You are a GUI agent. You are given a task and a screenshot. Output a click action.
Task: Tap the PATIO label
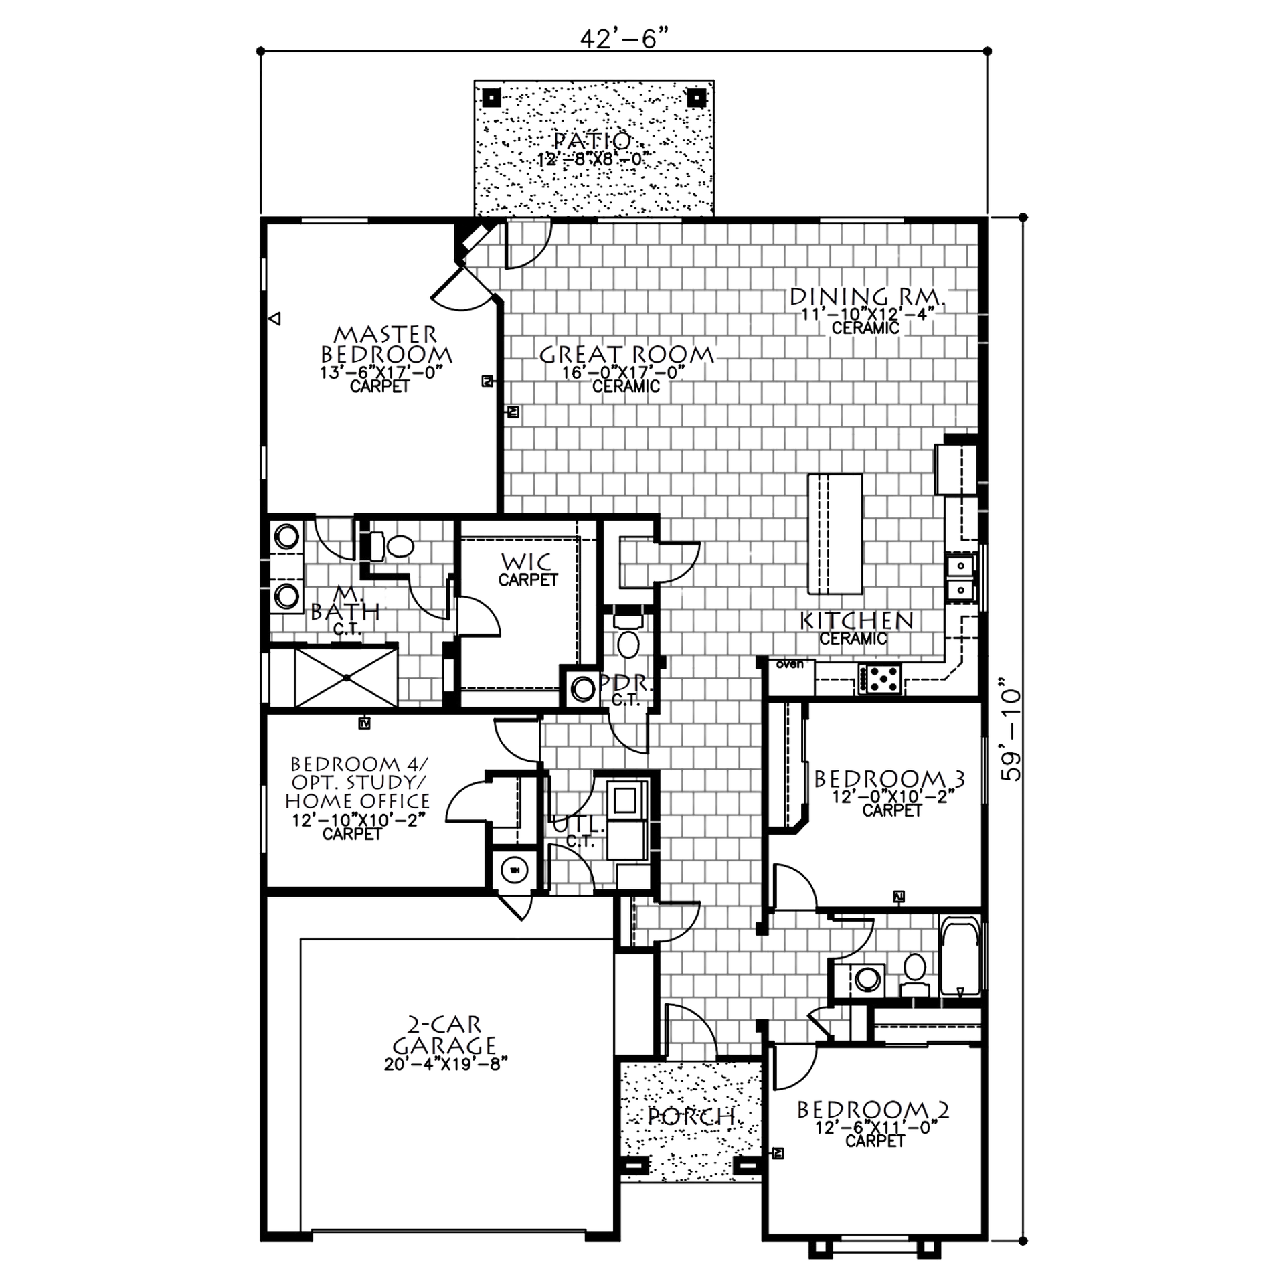coord(592,141)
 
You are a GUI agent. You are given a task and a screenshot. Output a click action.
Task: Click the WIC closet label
coord(527,557)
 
